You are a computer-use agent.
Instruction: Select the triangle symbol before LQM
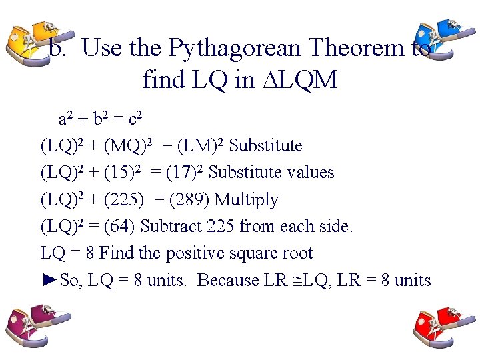(x=266, y=80)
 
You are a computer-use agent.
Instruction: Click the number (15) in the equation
(x=124, y=173)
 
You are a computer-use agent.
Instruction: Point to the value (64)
(x=120, y=227)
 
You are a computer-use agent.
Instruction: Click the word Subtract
(x=170, y=227)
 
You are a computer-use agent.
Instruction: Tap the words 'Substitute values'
(x=271, y=173)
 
